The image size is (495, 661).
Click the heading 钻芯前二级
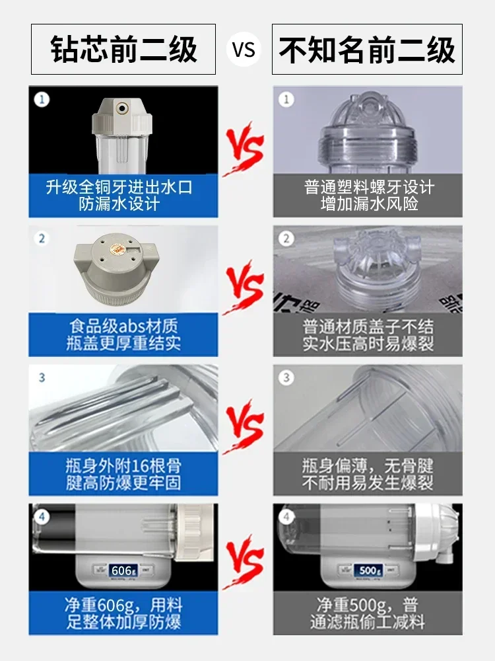click(x=123, y=50)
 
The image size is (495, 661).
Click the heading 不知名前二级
click(x=367, y=50)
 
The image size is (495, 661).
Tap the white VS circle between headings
click(x=244, y=50)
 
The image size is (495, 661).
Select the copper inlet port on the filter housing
click(x=123, y=106)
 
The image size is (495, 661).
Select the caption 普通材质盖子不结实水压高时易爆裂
click(x=368, y=335)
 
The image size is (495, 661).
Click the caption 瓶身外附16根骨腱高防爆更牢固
click(x=123, y=474)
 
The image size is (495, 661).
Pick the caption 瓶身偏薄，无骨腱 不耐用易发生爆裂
click(x=368, y=474)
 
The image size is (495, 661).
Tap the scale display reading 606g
click(x=121, y=570)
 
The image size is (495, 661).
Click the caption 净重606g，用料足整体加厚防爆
click(x=123, y=613)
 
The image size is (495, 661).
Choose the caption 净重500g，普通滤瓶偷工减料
click(x=368, y=613)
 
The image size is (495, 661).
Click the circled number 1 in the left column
click(x=42, y=100)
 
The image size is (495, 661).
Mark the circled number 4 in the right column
click(x=286, y=516)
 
